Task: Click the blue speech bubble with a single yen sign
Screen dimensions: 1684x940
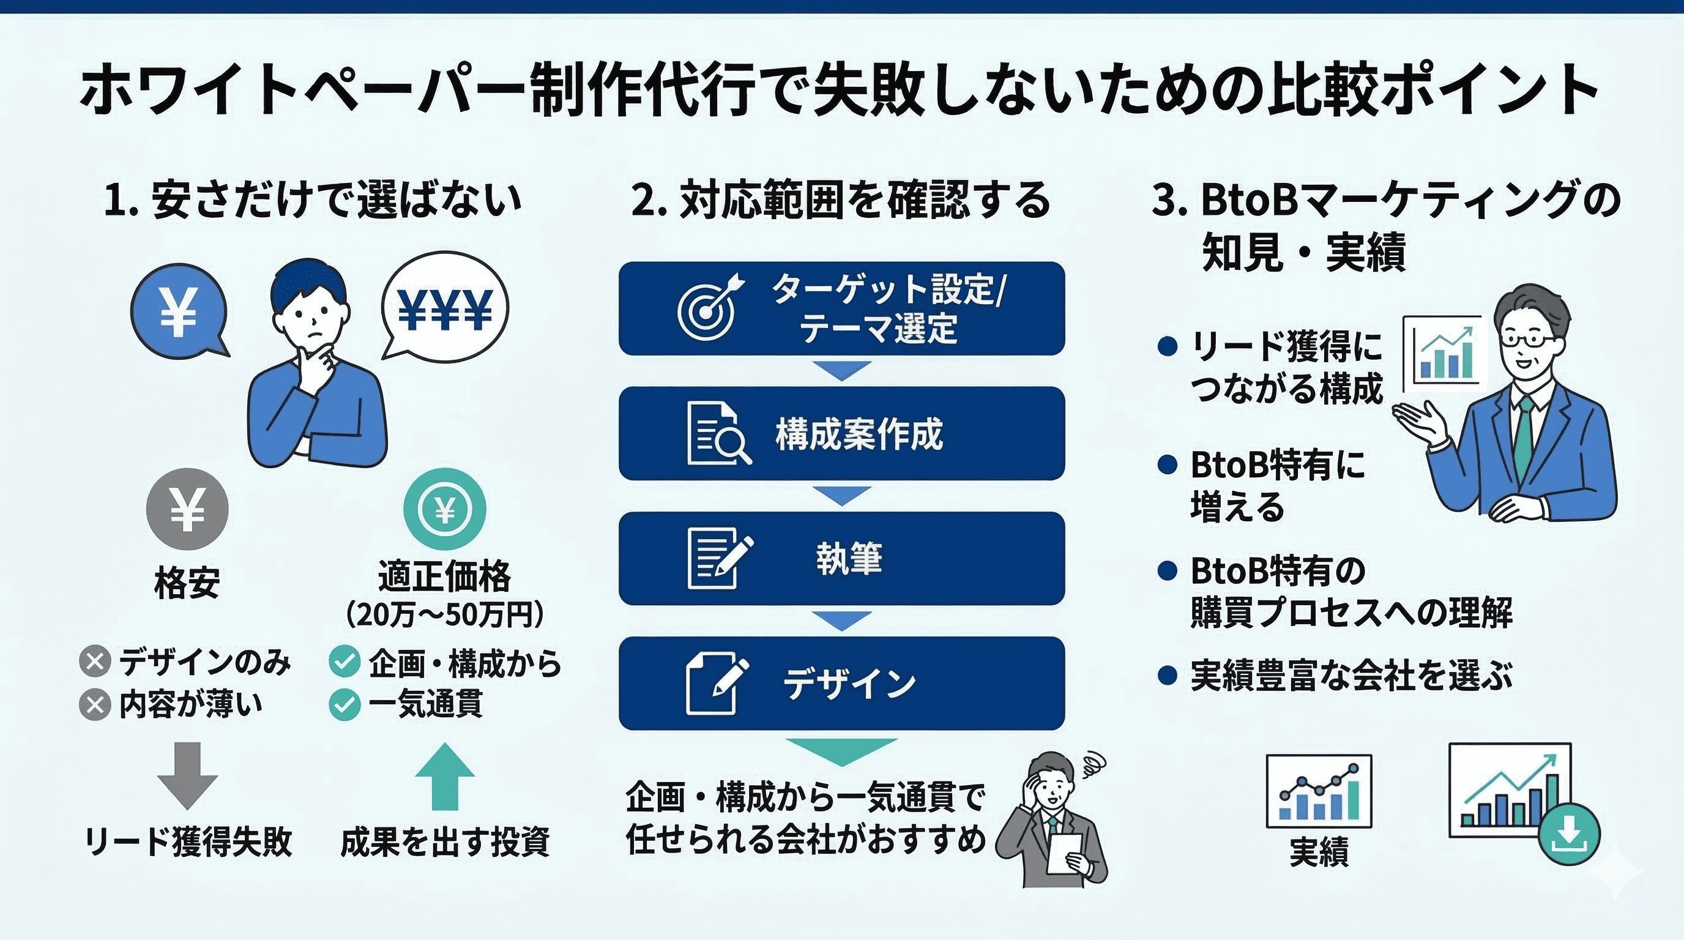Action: [179, 310]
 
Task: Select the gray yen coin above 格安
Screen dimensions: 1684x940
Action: [187, 509]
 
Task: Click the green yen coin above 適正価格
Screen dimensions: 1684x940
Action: [444, 509]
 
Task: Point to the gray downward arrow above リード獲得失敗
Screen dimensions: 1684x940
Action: [188, 775]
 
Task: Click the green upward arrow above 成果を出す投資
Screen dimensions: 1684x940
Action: [445, 776]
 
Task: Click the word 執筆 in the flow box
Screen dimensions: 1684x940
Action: [849, 558]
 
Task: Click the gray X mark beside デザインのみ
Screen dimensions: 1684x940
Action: [95, 662]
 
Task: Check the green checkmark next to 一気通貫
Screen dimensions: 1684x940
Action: [345, 704]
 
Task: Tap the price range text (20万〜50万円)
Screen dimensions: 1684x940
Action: [444, 614]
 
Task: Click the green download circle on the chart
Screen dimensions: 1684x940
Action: [1569, 834]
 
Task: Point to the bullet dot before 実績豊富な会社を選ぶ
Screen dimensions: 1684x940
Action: [1168, 675]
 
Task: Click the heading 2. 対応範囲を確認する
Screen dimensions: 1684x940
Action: [841, 200]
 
